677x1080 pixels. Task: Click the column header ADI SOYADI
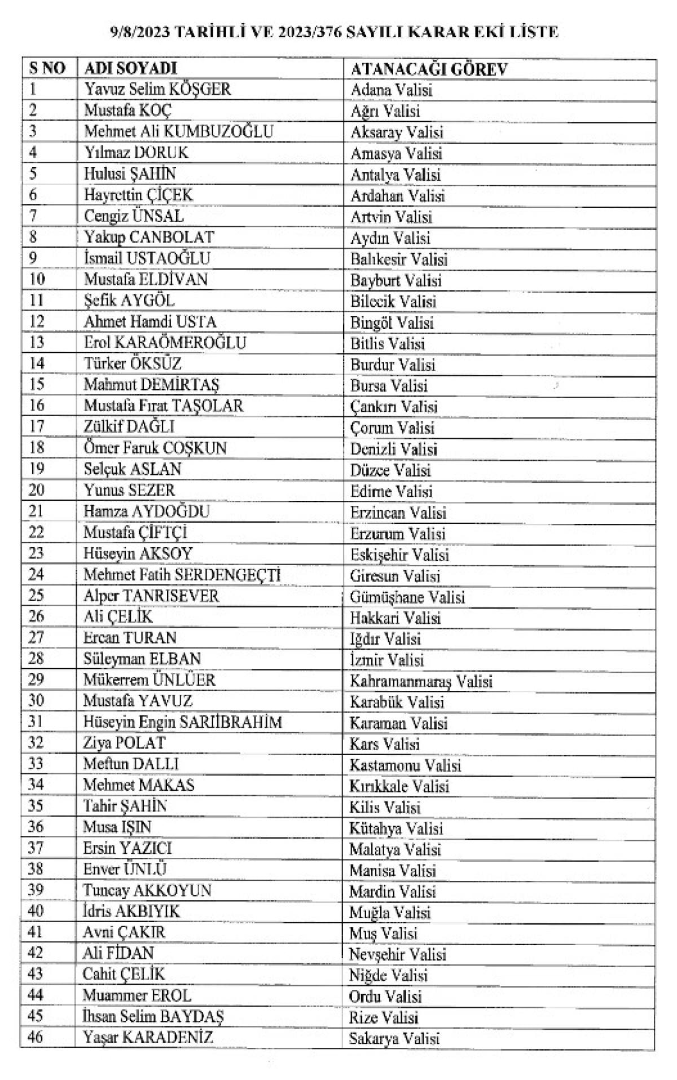pos(130,68)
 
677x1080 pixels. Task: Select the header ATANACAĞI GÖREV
pos(429,69)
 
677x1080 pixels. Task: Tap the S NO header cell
pos(47,68)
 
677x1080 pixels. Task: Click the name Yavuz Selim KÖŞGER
pos(157,89)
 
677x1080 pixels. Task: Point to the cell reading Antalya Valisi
pos(395,175)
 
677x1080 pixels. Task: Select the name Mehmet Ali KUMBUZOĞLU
pos(178,131)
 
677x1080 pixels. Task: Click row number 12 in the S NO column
pos(36,321)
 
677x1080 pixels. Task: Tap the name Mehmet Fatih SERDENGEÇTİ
pos(182,575)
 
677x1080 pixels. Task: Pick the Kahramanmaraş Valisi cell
pos(421,681)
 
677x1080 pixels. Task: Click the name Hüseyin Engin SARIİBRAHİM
pos(182,722)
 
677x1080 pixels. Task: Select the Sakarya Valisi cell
pos(394,1038)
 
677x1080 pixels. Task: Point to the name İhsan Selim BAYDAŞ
pos(153,1016)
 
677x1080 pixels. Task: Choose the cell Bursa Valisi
pos(389,386)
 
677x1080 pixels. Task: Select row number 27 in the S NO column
pos(36,638)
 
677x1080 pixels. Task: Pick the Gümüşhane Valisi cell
pos(407,597)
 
